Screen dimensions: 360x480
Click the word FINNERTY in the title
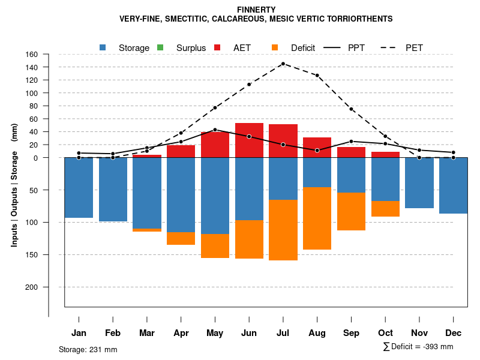click(x=256, y=10)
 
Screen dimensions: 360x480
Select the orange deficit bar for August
click(x=317, y=218)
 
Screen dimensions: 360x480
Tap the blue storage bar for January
click(x=79, y=188)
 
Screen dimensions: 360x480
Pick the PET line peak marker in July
click(x=283, y=64)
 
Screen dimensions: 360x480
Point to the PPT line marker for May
click(x=215, y=130)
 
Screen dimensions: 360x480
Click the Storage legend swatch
click(x=103, y=48)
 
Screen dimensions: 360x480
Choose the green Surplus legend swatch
click(x=160, y=48)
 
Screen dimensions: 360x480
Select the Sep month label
click(x=351, y=333)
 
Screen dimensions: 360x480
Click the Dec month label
click(x=453, y=333)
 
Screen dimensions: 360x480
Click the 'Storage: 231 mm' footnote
click(x=88, y=349)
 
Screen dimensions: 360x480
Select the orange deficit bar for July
click(x=283, y=230)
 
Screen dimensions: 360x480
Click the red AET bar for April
click(x=181, y=151)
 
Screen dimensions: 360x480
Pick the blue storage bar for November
click(x=419, y=183)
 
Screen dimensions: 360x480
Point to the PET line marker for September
click(x=351, y=109)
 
